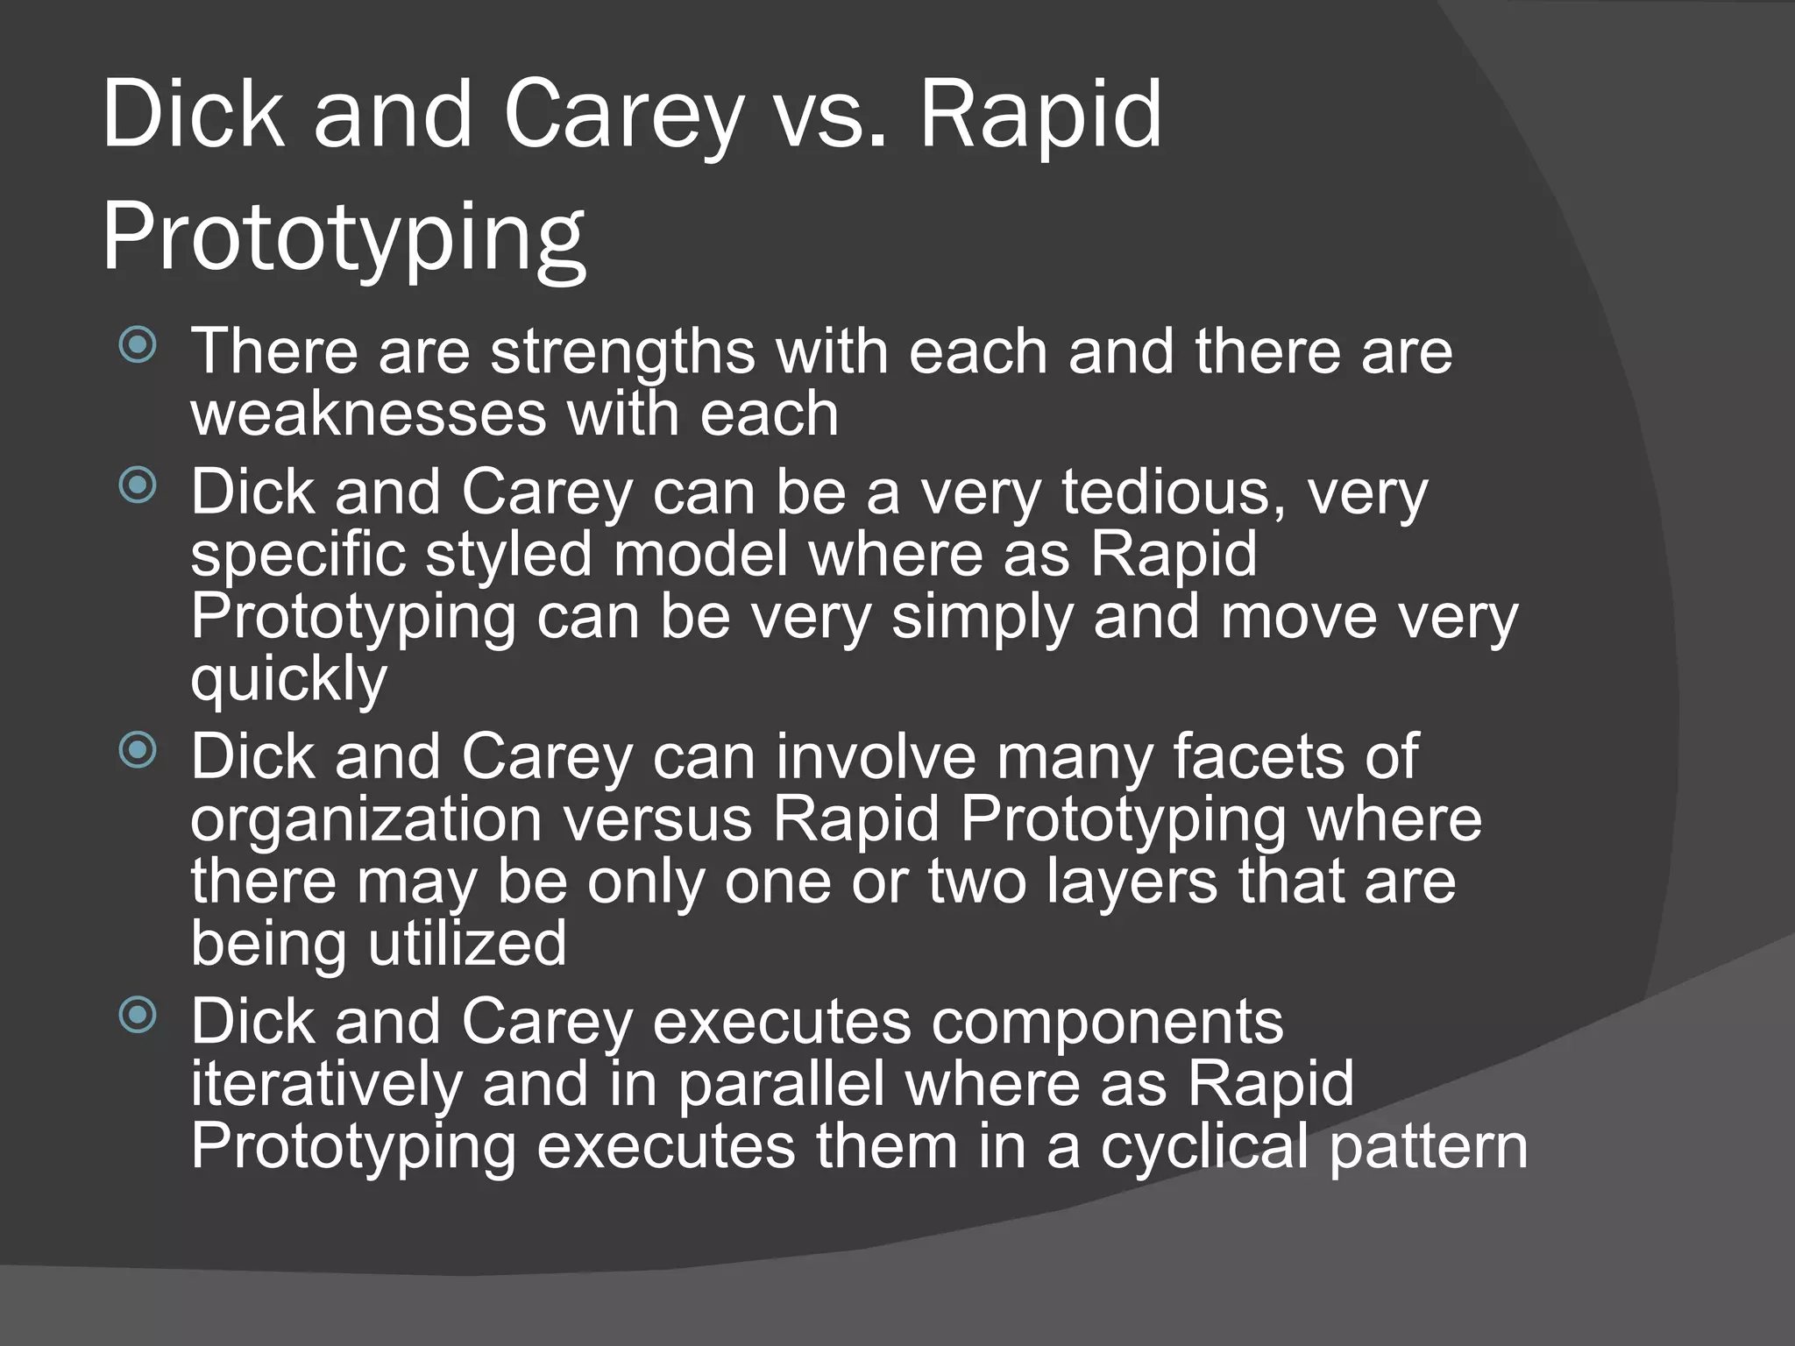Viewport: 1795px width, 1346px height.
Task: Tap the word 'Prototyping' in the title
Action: pos(344,238)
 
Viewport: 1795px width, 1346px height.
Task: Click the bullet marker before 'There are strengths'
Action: pos(138,344)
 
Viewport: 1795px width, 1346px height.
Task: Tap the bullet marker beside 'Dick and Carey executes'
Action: pos(138,1015)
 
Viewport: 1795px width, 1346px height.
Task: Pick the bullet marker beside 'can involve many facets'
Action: pos(138,749)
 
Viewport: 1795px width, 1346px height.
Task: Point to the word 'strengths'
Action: pos(622,352)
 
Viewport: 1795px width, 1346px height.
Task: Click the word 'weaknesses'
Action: pos(368,414)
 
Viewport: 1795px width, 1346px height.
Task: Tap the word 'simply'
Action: pos(982,618)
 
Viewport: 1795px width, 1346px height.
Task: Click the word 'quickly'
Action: pos(288,680)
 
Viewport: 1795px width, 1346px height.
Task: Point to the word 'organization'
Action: pos(366,820)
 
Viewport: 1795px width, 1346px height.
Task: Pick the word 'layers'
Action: pos(1132,882)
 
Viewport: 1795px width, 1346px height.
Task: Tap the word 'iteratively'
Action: pos(326,1085)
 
